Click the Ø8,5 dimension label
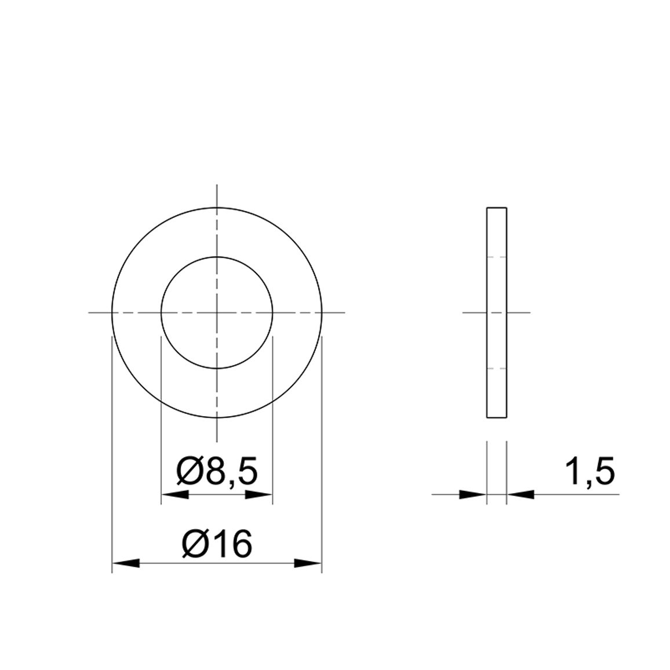pyautogui.click(x=217, y=471)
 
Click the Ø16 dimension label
pyautogui.click(x=217, y=544)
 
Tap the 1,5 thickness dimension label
pyautogui.click(x=589, y=472)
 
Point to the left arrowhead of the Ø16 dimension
pyautogui.click(x=126, y=563)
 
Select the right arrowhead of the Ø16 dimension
pyautogui.click(x=308, y=563)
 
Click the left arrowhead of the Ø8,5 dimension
pyautogui.click(x=175, y=495)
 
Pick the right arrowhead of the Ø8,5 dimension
pyautogui.click(x=258, y=495)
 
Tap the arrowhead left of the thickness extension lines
pyautogui.click(x=473, y=495)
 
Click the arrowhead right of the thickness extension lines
pyautogui.click(x=520, y=495)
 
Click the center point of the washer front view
pyautogui.click(x=217, y=313)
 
